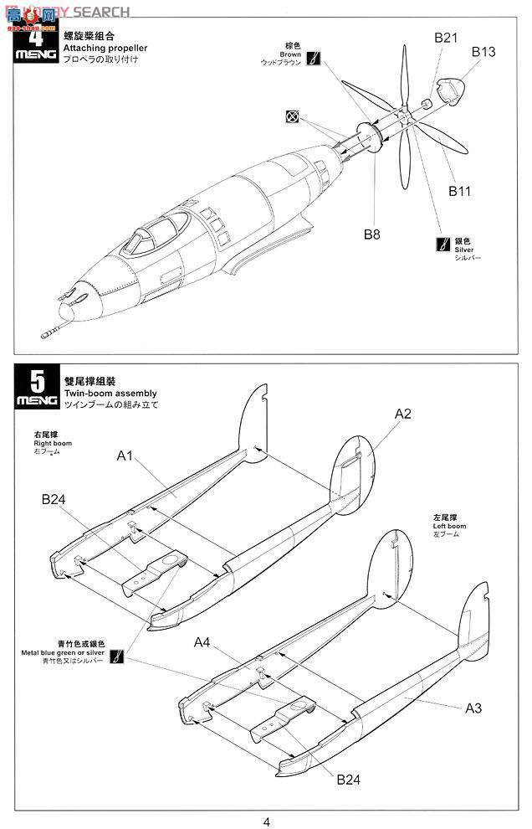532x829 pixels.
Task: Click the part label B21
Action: coord(447,38)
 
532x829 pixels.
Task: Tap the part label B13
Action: coord(483,52)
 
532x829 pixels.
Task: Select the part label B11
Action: coord(459,191)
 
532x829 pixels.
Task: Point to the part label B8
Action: coord(371,234)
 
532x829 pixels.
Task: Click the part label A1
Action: coord(125,456)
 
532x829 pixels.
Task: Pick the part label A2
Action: coord(403,414)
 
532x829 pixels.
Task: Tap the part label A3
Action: coord(473,708)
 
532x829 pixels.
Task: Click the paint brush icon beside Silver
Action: coord(442,245)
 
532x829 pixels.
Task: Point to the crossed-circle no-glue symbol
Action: coord(292,116)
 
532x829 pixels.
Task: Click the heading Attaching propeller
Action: coord(105,48)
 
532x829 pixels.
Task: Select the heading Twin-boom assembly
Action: coord(110,393)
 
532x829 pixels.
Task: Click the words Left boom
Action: coord(450,526)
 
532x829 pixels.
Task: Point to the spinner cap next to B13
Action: coord(455,90)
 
